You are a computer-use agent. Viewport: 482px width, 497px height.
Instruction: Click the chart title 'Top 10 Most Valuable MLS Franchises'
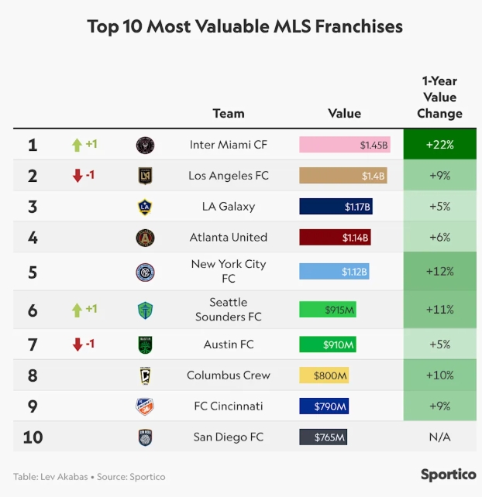pos(245,26)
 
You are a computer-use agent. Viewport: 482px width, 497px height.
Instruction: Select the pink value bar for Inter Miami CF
pos(345,145)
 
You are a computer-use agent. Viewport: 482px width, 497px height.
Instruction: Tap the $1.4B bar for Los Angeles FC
pos(343,176)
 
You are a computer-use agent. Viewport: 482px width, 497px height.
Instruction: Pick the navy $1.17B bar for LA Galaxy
pos(336,207)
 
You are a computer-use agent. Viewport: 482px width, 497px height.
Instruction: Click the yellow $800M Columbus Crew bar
pos(324,375)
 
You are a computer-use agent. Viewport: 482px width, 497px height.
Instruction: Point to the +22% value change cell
pos(439,145)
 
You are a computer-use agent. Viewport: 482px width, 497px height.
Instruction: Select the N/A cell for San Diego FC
pos(439,437)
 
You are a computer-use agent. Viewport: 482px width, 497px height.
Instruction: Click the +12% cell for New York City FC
pos(439,272)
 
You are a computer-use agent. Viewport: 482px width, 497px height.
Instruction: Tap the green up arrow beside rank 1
pos(77,145)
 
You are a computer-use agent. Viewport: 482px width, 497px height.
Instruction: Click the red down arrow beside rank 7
pos(77,344)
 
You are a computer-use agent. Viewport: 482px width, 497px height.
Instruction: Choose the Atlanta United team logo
pos(145,238)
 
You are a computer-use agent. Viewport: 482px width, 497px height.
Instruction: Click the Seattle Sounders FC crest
pos(145,310)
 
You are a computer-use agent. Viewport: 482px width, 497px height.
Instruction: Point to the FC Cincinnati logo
pos(145,406)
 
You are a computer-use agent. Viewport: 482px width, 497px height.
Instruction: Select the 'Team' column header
pos(229,113)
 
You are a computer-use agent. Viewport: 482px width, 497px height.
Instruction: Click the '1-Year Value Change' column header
pos(439,97)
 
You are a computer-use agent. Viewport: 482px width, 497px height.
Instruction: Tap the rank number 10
pos(33,437)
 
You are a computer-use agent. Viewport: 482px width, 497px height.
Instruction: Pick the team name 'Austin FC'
pos(229,344)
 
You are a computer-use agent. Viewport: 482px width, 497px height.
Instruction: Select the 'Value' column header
pos(344,113)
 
